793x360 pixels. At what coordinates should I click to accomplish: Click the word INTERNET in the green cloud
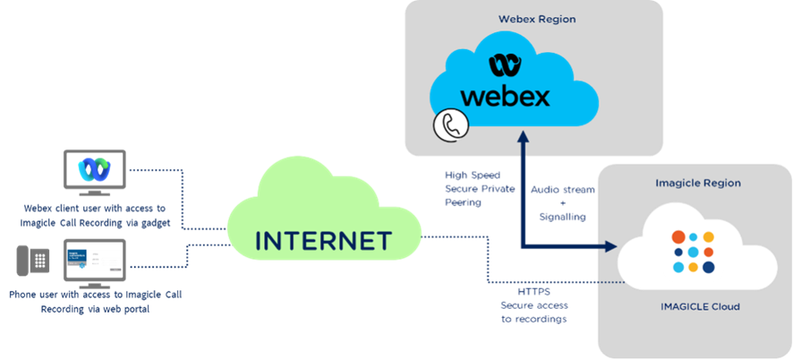click(x=323, y=241)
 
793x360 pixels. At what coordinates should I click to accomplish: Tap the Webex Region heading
click(x=537, y=19)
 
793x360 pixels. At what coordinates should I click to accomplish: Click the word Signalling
click(x=562, y=217)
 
